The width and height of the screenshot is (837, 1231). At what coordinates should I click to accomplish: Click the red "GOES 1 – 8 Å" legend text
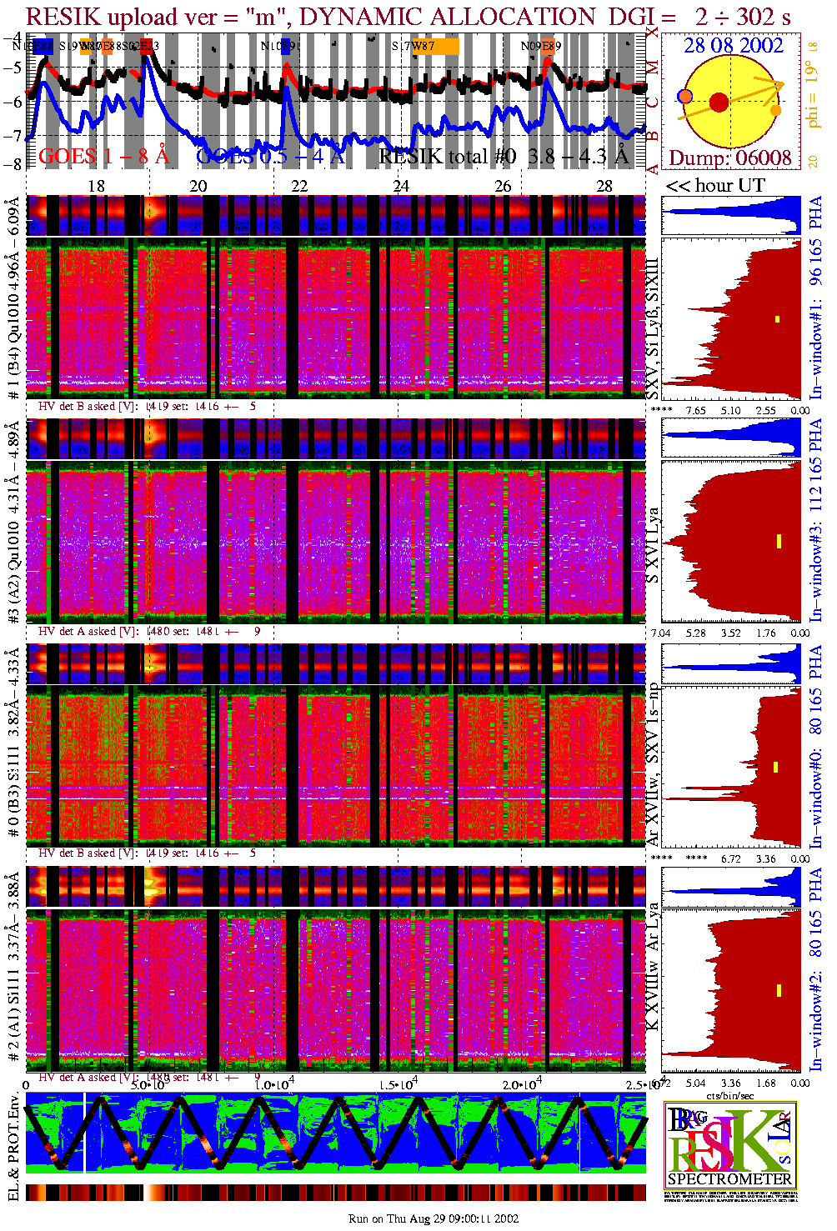pos(103,156)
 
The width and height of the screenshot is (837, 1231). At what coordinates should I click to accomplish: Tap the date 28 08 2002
pos(734,45)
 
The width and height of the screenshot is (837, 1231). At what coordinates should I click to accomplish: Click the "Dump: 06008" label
pos(730,158)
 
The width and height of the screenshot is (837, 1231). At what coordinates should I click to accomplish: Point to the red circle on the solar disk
pos(719,103)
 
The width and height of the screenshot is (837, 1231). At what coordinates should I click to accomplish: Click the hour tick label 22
pos(299,186)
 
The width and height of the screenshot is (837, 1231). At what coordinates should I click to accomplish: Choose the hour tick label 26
pos(503,186)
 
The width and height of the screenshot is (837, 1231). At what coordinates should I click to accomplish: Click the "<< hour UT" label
pos(714,186)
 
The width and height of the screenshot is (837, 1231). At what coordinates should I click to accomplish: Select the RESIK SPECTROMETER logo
pos(730,1144)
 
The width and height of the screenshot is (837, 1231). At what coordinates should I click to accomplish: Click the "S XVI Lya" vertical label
pos(653,546)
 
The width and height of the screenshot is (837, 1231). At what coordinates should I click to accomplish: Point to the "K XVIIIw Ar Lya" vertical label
pos(653,967)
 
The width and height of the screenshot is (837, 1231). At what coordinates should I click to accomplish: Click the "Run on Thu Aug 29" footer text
pos(434,1218)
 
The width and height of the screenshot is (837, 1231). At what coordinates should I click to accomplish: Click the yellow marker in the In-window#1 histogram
pos(777,318)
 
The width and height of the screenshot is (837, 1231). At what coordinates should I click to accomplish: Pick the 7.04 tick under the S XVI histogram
pos(660,633)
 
